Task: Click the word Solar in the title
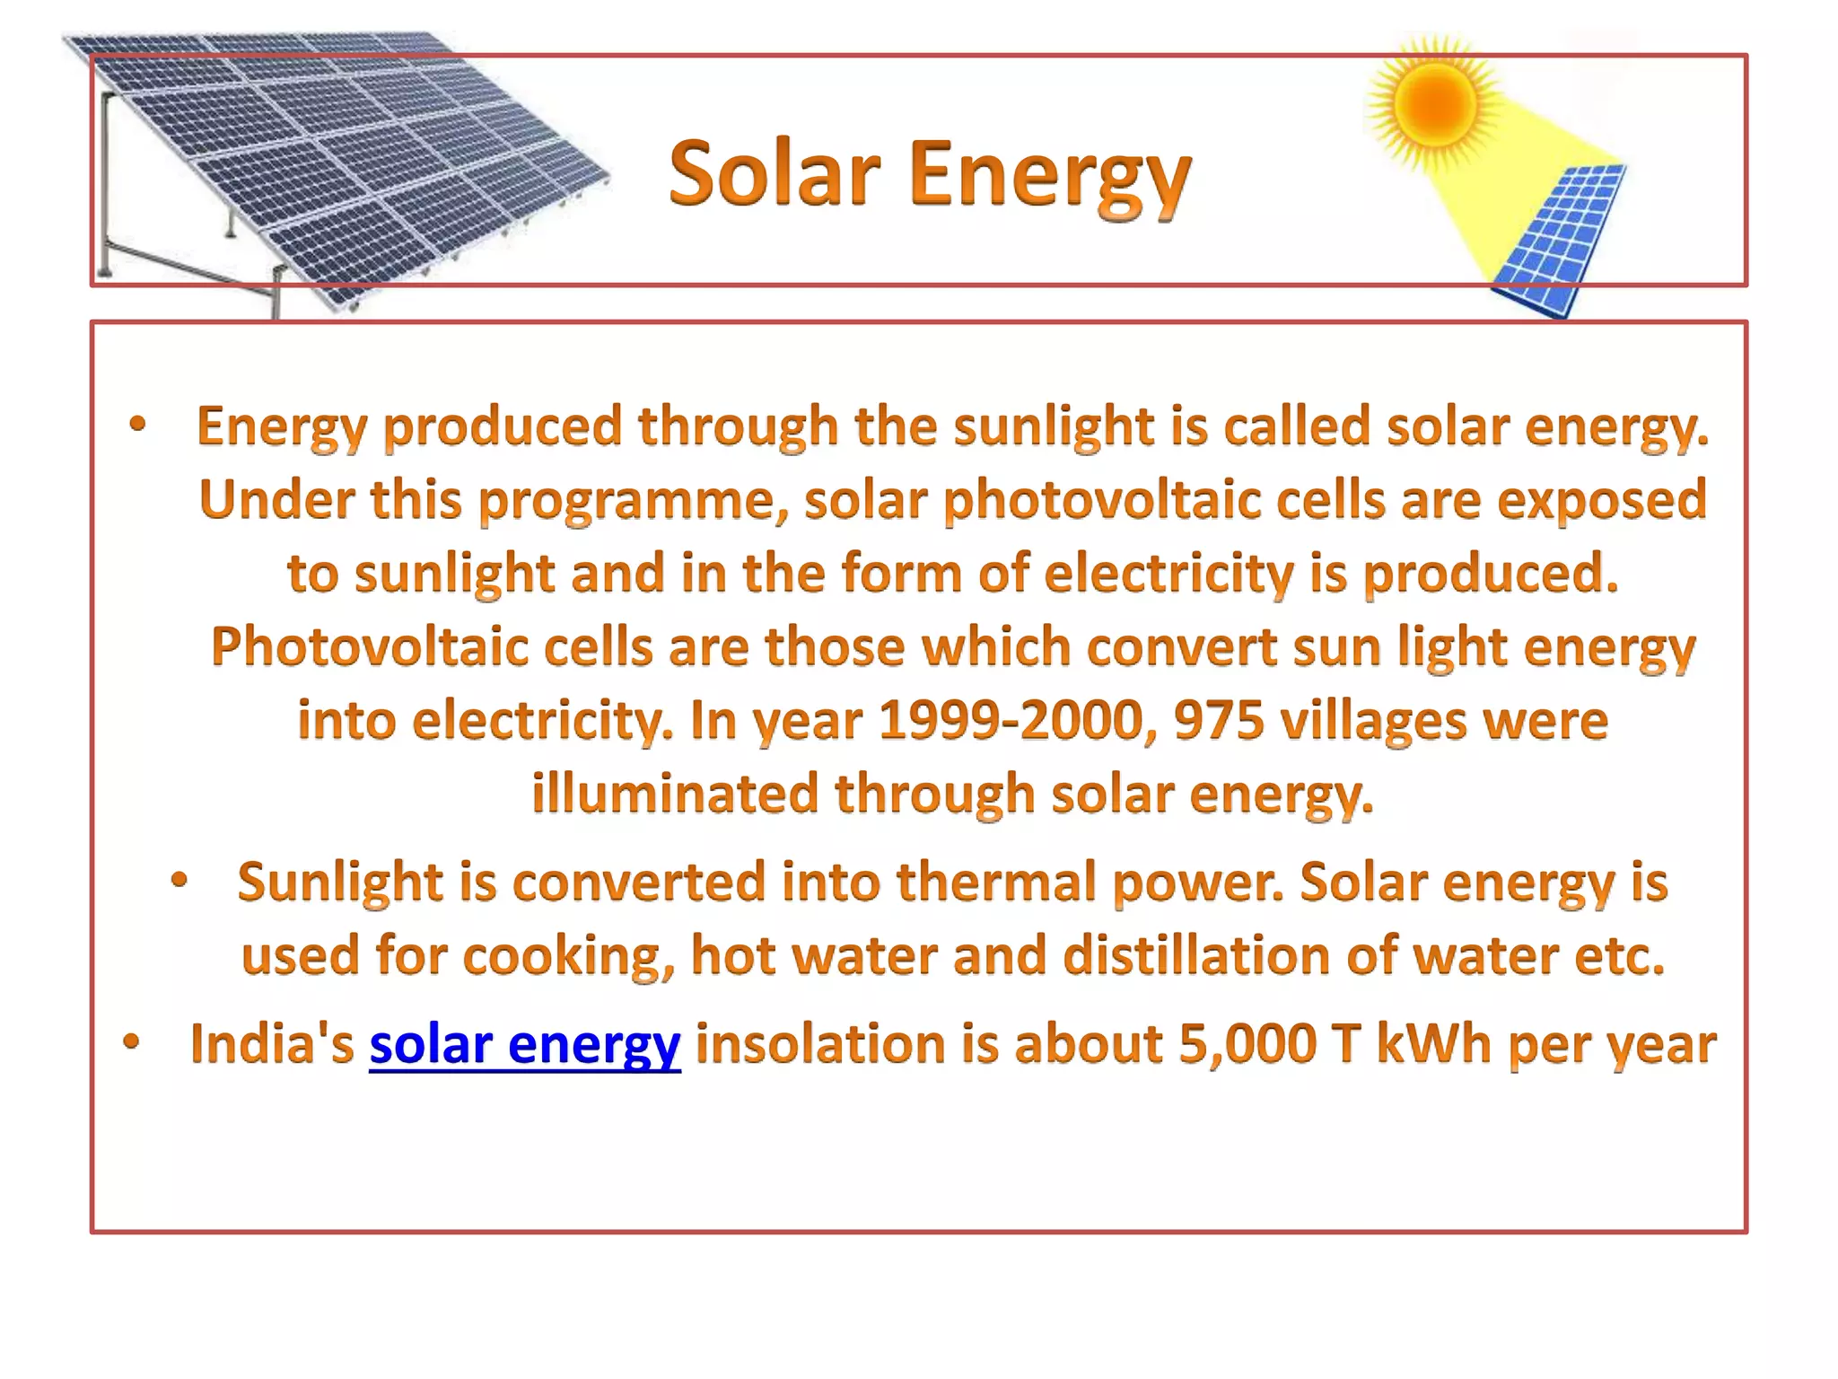tap(774, 174)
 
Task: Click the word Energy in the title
tap(1049, 177)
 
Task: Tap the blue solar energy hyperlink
tap(525, 1045)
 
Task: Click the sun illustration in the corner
tap(1433, 102)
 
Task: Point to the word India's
tap(272, 1045)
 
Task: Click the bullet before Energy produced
tap(136, 425)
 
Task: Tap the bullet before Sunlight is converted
tap(179, 881)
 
